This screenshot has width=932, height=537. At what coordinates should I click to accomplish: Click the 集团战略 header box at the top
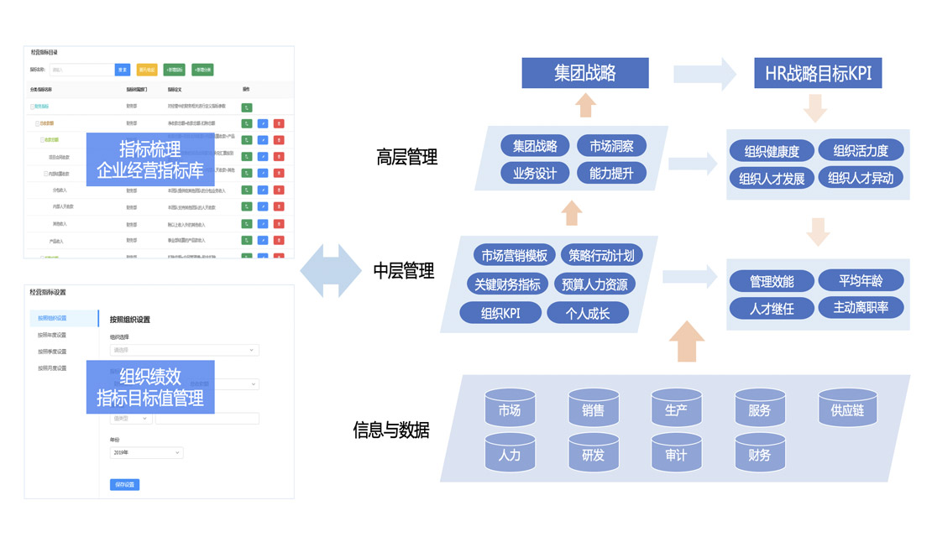[584, 73]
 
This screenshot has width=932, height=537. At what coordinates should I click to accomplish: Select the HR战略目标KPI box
[818, 73]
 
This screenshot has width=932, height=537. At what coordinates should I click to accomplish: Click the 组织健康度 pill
[772, 152]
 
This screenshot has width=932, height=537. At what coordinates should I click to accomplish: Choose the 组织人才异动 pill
[861, 178]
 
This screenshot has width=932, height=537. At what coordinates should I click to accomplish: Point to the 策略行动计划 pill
[601, 256]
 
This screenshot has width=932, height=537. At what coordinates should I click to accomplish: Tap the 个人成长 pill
[588, 313]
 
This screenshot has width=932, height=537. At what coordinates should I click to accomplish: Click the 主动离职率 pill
[861, 307]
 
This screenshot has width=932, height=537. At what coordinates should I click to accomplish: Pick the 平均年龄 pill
[861, 280]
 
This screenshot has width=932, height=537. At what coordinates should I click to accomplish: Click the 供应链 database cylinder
[847, 410]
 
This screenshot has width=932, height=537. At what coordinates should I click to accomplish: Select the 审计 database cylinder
[676, 455]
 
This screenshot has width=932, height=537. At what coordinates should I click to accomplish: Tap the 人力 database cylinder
[510, 455]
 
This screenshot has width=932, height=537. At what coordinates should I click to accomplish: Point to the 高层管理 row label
[407, 157]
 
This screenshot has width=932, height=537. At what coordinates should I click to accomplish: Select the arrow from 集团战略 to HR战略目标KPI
[704, 73]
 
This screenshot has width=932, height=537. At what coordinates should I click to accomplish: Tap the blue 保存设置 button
[124, 484]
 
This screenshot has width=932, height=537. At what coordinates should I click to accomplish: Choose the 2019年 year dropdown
[146, 452]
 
